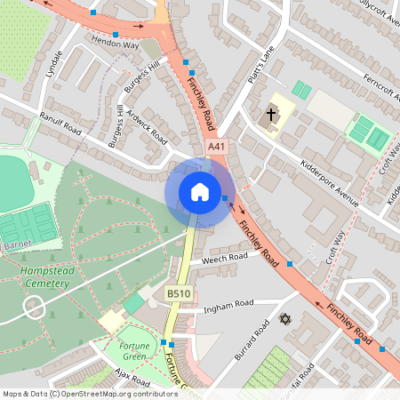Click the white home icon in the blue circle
coord(199,192)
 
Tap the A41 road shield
coord(216,146)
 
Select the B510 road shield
coord(177,292)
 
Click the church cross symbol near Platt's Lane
coord(272,115)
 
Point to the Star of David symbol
coord(285,318)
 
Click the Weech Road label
coord(224,259)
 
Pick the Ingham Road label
coord(229,306)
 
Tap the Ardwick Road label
coord(147,127)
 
